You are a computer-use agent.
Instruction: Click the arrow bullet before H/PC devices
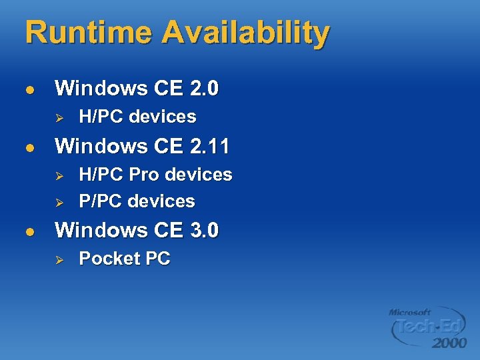click(59, 117)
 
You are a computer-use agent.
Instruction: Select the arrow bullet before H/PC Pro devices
click(59, 175)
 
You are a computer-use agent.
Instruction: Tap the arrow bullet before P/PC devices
click(59, 201)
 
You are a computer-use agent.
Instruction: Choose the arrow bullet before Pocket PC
click(59, 259)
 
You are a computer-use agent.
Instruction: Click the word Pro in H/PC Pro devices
click(143, 175)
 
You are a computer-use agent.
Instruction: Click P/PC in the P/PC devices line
click(101, 201)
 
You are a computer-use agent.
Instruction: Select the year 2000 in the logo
click(449, 343)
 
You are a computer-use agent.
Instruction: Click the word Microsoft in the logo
click(410, 312)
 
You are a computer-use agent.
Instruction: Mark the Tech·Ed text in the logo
click(429, 327)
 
